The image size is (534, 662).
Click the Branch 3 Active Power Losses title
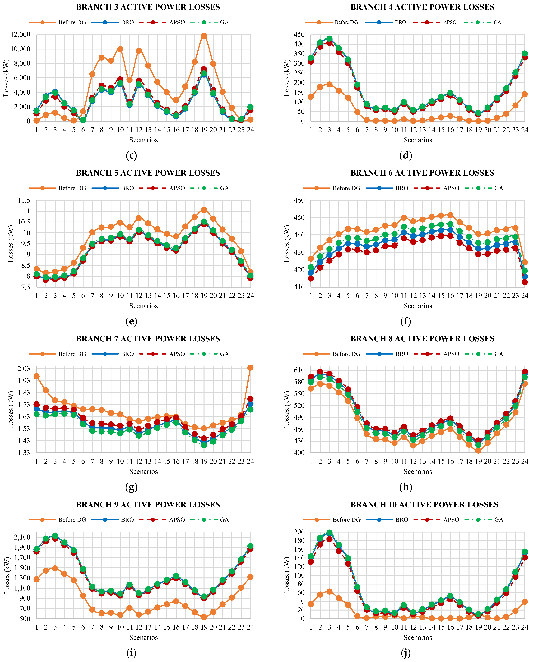(148, 7)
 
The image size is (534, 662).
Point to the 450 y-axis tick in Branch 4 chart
(299, 34)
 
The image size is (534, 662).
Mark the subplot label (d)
(405, 155)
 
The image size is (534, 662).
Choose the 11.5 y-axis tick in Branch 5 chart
(24, 200)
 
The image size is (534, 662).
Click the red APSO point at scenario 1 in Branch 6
(311, 278)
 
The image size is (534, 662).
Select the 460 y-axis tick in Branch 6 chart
(299, 200)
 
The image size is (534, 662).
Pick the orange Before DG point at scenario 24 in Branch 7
(250, 368)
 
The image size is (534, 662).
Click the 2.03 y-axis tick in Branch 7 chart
(23, 369)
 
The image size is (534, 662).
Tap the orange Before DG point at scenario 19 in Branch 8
(478, 451)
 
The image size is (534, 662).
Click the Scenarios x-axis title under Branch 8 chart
(418, 472)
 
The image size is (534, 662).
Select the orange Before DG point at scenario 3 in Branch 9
(55, 568)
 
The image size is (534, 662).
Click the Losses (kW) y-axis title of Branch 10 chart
(287, 575)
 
